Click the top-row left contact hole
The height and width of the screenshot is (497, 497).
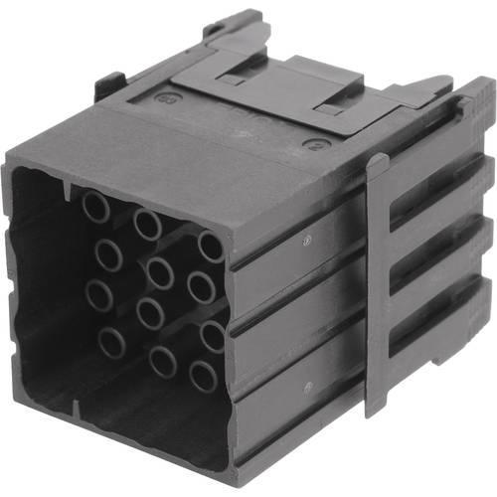pyautogui.click(x=95, y=207)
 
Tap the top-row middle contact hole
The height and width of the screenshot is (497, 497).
pyautogui.click(x=148, y=225)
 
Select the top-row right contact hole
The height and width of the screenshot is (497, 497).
pyautogui.click(x=211, y=247)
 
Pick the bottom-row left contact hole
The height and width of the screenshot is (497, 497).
pyautogui.click(x=112, y=344)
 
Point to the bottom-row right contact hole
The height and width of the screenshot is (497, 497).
pyautogui.click(x=204, y=376)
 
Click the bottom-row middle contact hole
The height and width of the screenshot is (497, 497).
pyautogui.click(x=163, y=362)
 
